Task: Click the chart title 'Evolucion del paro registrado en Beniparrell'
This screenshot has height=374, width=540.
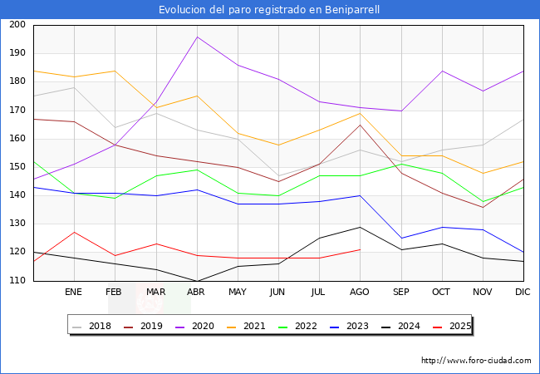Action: click(270, 10)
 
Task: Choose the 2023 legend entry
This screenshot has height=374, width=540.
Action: click(352, 326)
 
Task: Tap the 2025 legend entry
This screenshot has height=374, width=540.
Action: click(454, 326)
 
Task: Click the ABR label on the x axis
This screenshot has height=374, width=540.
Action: click(197, 292)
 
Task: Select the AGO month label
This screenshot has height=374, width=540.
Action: click(360, 292)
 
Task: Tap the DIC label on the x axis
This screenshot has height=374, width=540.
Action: click(523, 292)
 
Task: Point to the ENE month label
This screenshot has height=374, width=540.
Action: click(74, 292)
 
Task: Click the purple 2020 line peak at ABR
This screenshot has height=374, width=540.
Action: click(197, 37)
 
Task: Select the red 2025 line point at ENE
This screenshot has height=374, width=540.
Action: click(74, 232)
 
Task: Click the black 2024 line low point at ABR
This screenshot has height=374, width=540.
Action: click(197, 281)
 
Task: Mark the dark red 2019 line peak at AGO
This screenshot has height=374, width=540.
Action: click(360, 125)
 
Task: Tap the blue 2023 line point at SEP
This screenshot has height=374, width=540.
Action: click(400, 239)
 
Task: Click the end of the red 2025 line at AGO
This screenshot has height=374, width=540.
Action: click(360, 249)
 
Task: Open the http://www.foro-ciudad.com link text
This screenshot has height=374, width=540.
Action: click(476, 361)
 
